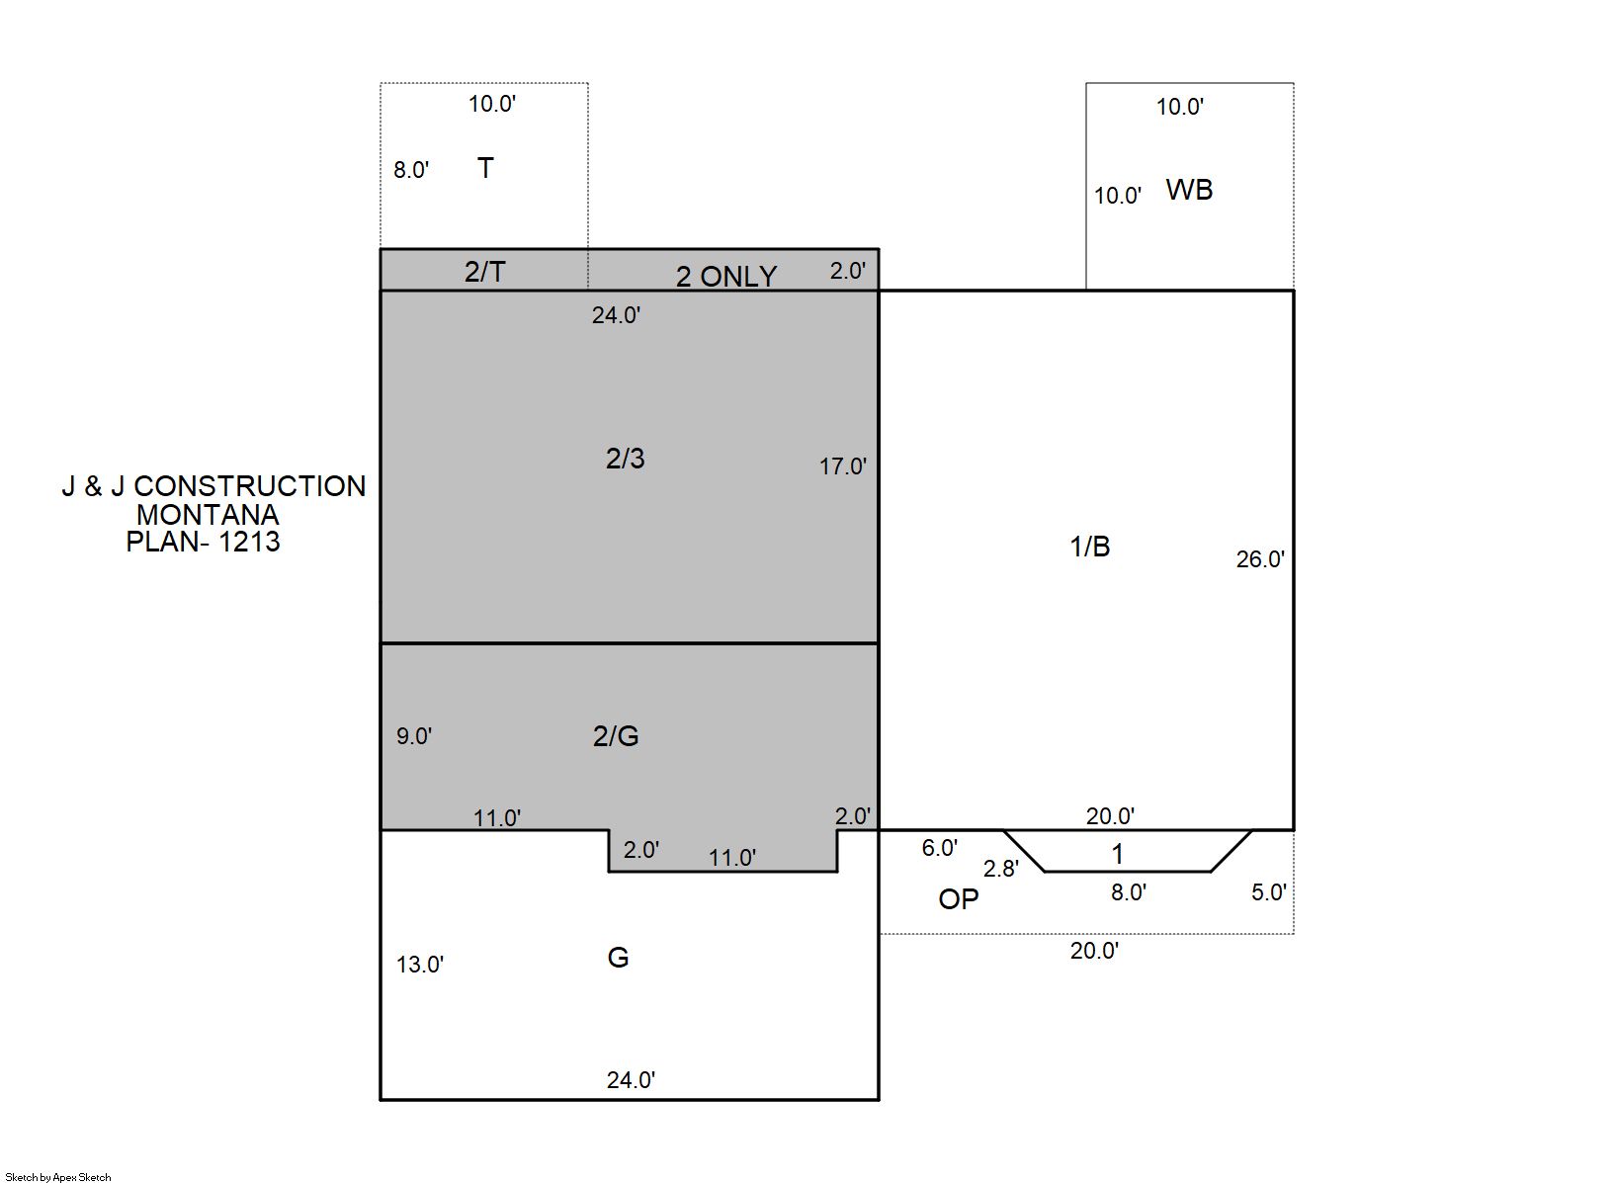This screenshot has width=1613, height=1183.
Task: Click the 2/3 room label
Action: coord(625,459)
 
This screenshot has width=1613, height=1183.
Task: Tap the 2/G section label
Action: coord(616,736)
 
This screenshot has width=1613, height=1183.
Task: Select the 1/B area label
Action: coord(1089,548)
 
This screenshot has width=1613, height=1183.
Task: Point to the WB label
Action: coord(1189,190)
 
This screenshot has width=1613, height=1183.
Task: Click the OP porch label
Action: coord(959,899)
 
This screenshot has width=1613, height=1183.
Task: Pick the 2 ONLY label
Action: coord(725,277)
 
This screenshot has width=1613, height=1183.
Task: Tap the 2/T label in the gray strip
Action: coord(484,272)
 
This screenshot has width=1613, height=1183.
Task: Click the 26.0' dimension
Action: coord(1260,559)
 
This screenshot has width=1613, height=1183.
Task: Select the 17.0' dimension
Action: coord(842,466)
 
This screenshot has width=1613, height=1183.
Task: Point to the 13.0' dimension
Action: coord(420,965)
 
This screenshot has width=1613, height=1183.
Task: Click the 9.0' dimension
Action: coord(414,736)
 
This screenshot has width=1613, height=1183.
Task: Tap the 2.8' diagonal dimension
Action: coord(1001,869)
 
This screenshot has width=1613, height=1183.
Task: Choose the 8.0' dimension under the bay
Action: coord(1129,892)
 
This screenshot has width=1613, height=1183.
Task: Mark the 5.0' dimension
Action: coord(1269,892)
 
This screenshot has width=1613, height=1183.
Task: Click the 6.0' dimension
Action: coord(939,848)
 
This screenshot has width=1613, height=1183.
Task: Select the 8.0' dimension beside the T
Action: coord(411,170)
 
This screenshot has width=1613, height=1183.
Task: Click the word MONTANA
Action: coord(209,515)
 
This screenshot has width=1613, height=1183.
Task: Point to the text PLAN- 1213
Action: coord(203,542)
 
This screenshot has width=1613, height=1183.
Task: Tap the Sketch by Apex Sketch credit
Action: coord(58,1177)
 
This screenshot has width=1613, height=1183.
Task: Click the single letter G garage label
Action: coord(618,958)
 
